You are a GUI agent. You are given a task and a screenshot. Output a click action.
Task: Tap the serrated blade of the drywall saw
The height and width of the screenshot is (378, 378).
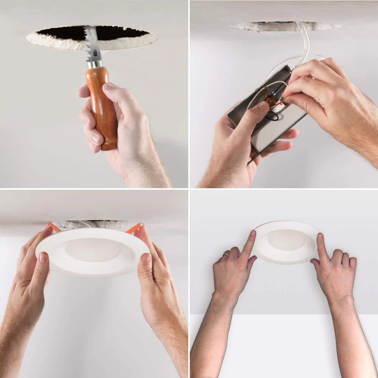point(92,43)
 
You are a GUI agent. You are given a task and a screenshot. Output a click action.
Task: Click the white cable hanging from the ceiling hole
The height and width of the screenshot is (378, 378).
point(304,42)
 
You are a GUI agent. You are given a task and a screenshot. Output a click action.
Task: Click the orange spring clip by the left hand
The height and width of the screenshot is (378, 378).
point(54,227)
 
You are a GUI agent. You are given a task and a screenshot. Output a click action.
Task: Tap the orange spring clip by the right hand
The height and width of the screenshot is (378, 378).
point(133,228)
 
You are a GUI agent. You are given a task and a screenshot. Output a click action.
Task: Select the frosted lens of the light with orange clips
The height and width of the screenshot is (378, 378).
point(93,249)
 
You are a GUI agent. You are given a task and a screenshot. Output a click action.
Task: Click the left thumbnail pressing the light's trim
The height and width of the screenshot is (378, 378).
point(43,257)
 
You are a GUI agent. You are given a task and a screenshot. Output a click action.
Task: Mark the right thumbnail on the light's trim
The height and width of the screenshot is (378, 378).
point(146,259)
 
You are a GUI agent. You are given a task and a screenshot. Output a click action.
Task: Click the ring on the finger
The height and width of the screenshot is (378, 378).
point(225,255)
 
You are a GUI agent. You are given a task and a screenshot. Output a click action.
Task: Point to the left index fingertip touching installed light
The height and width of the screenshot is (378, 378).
point(253,234)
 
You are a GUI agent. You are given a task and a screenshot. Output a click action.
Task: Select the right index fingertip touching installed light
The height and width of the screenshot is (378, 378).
point(320,237)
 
